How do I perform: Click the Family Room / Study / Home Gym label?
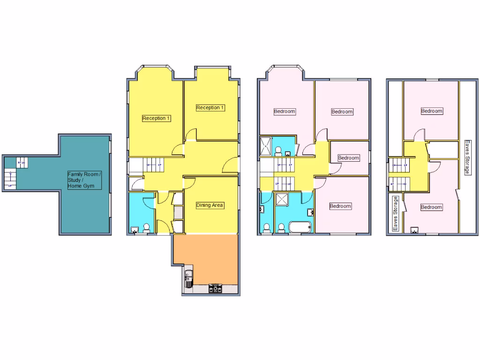pyautogui.click(x=84, y=180)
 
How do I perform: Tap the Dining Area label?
pyautogui.click(x=210, y=205)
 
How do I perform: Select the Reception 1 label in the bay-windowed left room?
pyautogui.click(x=156, y=118)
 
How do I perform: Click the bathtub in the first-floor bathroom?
pyautogui.click(x=300, y=228)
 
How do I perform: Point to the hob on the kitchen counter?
pyautogui.click(x=216, y=289)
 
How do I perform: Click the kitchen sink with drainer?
pyautogui.click(x=188, y=279)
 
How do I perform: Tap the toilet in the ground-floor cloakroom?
pyautogui.click(x=146, y=228)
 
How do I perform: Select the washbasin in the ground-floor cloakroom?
pyautogui.click(x=135, y=230)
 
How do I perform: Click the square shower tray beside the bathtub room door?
pyautogui.click(x=283, y=200)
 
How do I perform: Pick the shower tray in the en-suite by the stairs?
pyautogui.click(x=265, y=145)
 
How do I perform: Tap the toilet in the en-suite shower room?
pyautogui.click(x=278, y=150)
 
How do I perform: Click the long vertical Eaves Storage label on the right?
pyautogui.click(x=467, y=157)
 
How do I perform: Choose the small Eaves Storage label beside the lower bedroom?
pyautogui.click(x=396, y=214)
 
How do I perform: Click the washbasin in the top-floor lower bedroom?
pyautogui.click(x=415, y=230)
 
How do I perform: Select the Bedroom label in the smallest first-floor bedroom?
pyautogui.click(x=348, y=158)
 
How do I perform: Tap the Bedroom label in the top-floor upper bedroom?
pyautogui.click(x=432, y=111)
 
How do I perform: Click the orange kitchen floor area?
pyautogui.click(x=206, y=258)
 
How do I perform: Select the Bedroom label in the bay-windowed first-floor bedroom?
pyautogui.click(x=285, y=112)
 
